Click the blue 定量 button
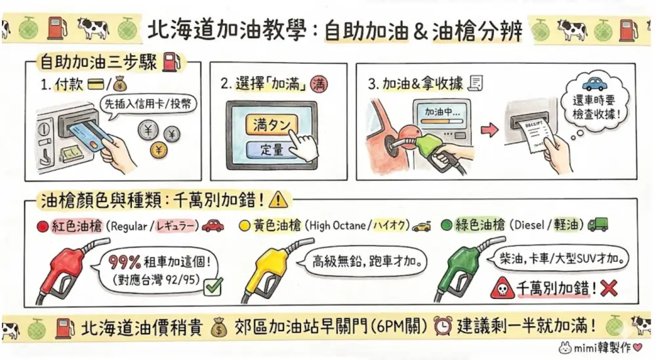click(x=270, y=150)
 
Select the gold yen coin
click(x=159, y=150)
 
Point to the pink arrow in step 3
click(x=489, y=130)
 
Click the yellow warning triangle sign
click(x=278, y=200)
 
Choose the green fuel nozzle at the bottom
click(x=468, y=268)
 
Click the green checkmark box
click(x=213, y=287)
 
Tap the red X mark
click(x=609, y=288)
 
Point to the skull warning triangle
click(x=501, y=288)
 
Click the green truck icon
click(x=598, y=224)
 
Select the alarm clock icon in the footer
click(x=443, y=326)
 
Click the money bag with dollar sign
click(x=218, y=327)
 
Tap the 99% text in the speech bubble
click(x=124, y=262)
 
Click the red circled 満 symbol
click(x=319, y=85)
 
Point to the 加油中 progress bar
click(x=441, y=122)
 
